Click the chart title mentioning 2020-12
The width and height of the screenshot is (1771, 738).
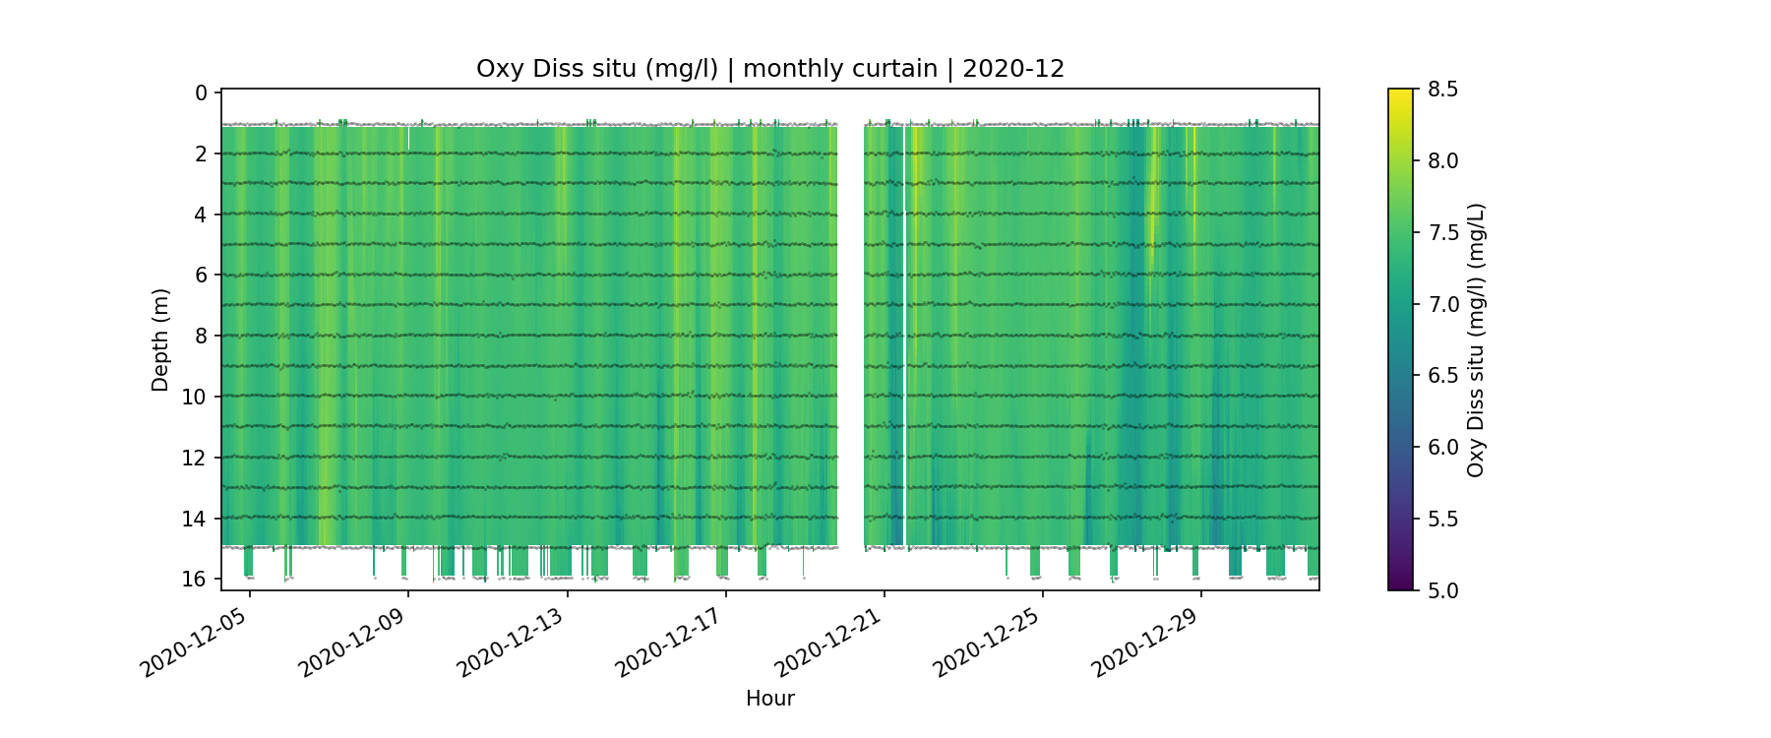click(x=769, y=69)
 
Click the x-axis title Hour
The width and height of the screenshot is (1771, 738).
click(x=769, y=699)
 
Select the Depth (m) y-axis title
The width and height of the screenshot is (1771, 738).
click(x=160, y=339)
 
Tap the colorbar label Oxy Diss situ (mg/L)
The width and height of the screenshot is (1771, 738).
click(x=1475, y=339)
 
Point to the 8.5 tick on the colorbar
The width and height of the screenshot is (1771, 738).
click(x=1442, y=90)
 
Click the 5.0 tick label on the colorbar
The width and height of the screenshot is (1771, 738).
click(x=1442, y=590)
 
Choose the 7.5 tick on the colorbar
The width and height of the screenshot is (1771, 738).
click(x=1442, y=232)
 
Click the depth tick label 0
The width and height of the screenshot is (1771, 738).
click(x=202, y=92)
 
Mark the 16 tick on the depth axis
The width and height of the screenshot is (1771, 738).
click(x=196, y=579)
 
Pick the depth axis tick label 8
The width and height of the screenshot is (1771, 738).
click(x=202, y=336)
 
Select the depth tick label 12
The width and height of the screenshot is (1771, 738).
click(x=196, y=458)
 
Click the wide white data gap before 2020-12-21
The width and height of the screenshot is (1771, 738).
click(x=850, y=335)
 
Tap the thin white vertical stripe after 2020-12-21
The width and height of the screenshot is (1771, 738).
click(x=904, y=335)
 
